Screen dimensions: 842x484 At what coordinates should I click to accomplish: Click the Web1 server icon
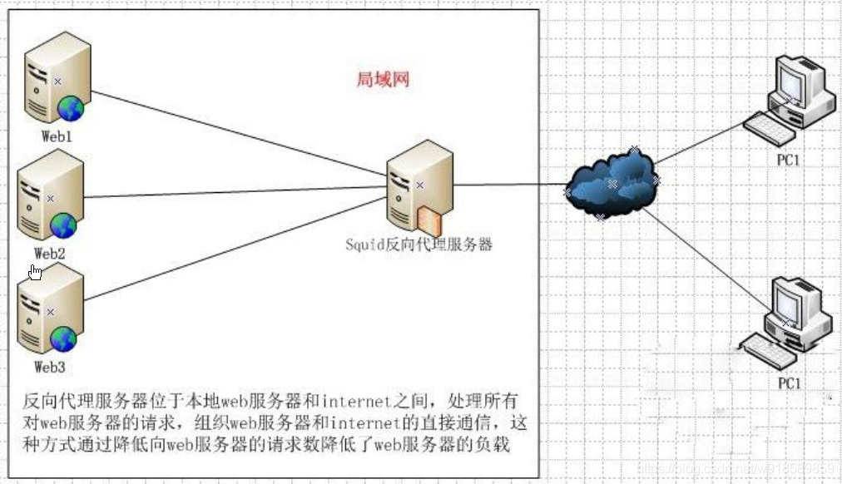coord(57,78)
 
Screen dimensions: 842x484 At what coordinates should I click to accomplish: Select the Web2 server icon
coord(51,196)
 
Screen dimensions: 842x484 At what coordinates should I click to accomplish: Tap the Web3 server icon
coord(51,309)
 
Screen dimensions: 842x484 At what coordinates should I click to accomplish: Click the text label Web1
coord(57,136)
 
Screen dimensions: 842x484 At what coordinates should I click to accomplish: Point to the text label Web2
coord(49,254)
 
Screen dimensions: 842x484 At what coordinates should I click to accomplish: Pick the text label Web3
coord(49,367)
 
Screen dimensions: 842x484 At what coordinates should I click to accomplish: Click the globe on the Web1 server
coord(71,109)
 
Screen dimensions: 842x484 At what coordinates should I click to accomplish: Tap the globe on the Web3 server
coord(63,339)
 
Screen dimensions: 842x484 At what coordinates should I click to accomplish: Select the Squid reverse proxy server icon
coord(420,188)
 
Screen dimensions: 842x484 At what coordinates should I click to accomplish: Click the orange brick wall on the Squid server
coord(429,221)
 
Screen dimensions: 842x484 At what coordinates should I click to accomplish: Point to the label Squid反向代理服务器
coord(419,244)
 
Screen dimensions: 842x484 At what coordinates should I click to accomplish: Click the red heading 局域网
coord(383,79)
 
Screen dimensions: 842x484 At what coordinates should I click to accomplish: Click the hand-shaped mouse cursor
coord(35,272)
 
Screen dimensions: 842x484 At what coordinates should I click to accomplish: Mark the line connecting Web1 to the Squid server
coord(240,134)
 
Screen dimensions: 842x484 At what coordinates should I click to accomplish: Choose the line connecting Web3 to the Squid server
coord(235,249)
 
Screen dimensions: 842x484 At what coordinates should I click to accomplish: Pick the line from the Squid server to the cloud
coord(510,185)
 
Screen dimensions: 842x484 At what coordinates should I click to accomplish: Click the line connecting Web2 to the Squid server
coord(235,192)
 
